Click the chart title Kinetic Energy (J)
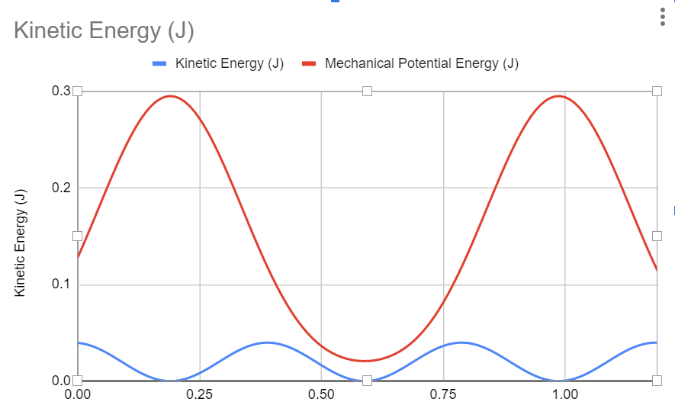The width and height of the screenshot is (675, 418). pyautogui.click(x=104, y=31)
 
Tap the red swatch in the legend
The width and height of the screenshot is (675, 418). pyautogui.click(x=310, y=64)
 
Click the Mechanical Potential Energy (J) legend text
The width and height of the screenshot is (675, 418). pyautogui.click(x=421, y=64)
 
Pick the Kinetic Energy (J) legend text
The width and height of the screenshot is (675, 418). pyautogui.click(x=230, y=64)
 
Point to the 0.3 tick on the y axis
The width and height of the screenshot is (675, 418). pyautogui.click(x=61, y=91)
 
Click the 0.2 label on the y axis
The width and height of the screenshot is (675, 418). pyautogui.click(x=61, y=188)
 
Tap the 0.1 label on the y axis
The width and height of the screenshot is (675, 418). pyautogui.click(x=61, y=285)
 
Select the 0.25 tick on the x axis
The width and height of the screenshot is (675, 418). pyautogui.click(x=199, y=395)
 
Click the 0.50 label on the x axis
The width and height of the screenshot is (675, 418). pyautogui.click(x=321, y=395)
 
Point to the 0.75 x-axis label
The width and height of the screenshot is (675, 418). pyautogui.click(x=443, y=395)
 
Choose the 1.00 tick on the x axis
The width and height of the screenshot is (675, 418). pyautogui.click(x=565, y=395)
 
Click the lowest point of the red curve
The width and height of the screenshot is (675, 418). pyautogui.click(x=366, y=361)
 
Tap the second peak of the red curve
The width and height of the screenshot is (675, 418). pyautogui.click(x=561, y=96)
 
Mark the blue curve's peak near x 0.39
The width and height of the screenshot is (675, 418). pyautogui.click(x=267, y=342)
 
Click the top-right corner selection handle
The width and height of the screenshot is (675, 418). pyautogui.click(x=657, y=91)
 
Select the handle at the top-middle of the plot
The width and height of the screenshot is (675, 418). pyautogui.click(x=367, y=91)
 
